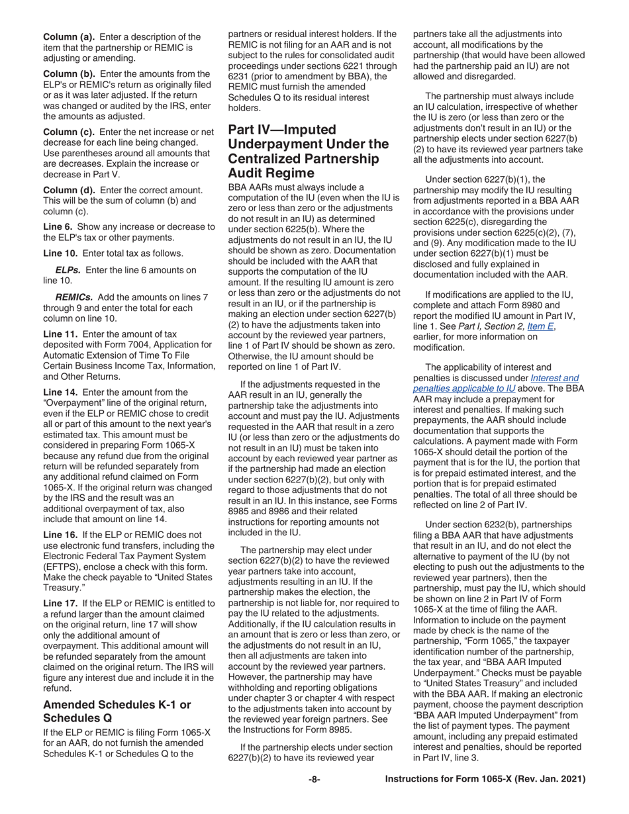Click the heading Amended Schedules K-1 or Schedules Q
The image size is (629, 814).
(117, 711)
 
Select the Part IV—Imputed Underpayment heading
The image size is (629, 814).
(308, 151)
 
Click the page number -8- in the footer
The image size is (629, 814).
(314, 780)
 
